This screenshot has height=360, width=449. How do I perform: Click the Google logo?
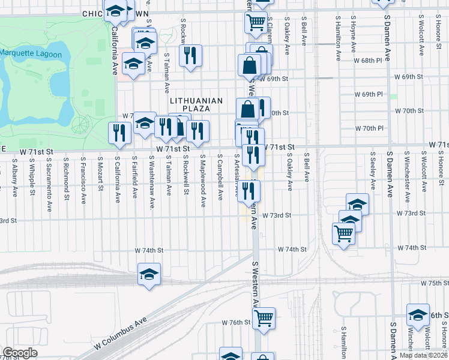19,353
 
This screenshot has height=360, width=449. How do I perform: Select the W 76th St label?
235,322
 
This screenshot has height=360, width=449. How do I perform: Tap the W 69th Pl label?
368,94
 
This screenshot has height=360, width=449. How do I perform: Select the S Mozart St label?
100,178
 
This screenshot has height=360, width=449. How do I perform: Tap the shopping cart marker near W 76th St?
264,318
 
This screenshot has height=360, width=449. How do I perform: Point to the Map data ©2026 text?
423,355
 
